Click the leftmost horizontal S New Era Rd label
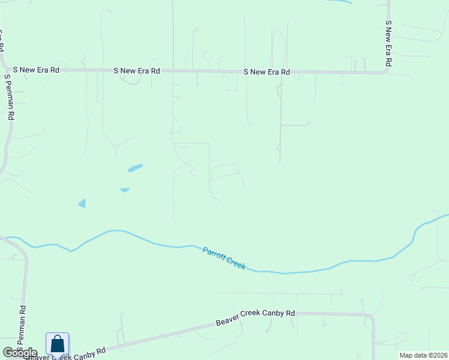pyautogui.click(x=39, y=70)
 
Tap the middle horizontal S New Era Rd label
pyautogui.click(x=137, y=71)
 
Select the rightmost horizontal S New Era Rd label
pyautogui.click(x=267, y=72)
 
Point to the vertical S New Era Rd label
pyautogui.click(x=388, y=44)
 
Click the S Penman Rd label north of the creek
pyautogui.click(x=8, y=97)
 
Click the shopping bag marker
pyautogui.click(x=58, y=344)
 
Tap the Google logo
pyautogui.click(x=20, y=353)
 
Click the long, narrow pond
pyautogui.click(x=135, y=168)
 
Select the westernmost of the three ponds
pyautogui.click(x=82, y=203)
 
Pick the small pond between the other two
pyautogui.click(x=125, y=190)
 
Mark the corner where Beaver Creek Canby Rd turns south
pyautogui.click(x=372, y=316)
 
